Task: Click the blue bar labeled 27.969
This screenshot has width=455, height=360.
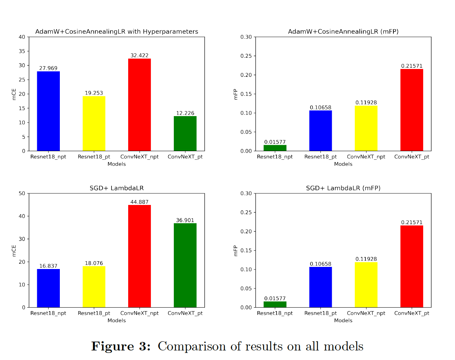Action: coord(49,111)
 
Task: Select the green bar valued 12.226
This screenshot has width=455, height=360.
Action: coord(185,133)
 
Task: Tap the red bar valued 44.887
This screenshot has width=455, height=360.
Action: coord(140,256)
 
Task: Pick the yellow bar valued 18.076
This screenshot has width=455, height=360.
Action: coord(94,287)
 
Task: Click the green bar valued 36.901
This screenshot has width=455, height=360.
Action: coord(185,265)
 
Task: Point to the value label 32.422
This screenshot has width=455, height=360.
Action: coord(140,56)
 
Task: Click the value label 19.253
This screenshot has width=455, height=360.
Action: coord(94,93)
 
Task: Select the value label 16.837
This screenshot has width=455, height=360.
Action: coord(49,266)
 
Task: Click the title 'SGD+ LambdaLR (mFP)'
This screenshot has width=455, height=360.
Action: coord(343,188)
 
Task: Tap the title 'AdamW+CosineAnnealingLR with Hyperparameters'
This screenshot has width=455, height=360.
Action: coord(116,32)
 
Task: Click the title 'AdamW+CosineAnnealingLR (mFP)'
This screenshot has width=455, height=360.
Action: coord(343,32)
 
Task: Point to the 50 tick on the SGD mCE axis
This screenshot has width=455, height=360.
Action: coord(22,193)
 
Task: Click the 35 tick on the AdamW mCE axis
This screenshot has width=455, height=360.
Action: coord(22,51)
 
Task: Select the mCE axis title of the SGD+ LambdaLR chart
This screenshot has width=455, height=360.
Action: coord(14,251)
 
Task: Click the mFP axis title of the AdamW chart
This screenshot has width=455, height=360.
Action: coord(235,94)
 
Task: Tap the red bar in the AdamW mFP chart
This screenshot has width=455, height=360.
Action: coord(411,110)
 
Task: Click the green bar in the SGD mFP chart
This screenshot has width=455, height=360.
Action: coord(275,304)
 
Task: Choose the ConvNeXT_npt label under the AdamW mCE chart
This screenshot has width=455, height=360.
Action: coord(140,157)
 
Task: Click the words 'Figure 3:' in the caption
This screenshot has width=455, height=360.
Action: coord(121,346)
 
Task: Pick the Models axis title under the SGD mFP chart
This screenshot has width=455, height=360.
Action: coord(343,320)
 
